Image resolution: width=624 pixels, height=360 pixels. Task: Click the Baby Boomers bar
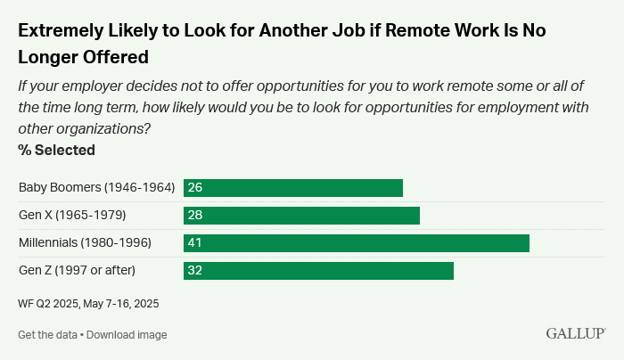tap(293, 188)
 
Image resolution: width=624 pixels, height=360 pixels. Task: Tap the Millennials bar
tap(357, 243)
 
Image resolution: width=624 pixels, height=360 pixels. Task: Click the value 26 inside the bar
tap(194, 188)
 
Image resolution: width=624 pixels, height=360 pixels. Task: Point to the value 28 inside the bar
tap(194, 216)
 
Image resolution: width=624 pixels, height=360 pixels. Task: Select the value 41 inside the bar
tap(194, 243)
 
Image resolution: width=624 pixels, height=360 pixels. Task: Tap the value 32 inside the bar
tap(194, 271)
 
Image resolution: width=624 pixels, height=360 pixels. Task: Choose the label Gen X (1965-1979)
tap(72, 216)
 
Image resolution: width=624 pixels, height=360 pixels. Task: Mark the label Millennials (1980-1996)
tap(85, 243)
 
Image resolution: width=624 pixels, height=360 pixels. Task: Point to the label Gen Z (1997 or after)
tap(77, 271)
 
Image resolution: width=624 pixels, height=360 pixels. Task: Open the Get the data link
tap(46, 335)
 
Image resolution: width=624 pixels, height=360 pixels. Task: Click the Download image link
tap(127, 335)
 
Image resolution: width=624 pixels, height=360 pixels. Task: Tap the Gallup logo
tap(576, 333)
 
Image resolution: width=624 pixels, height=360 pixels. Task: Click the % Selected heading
tap(56, 150)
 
